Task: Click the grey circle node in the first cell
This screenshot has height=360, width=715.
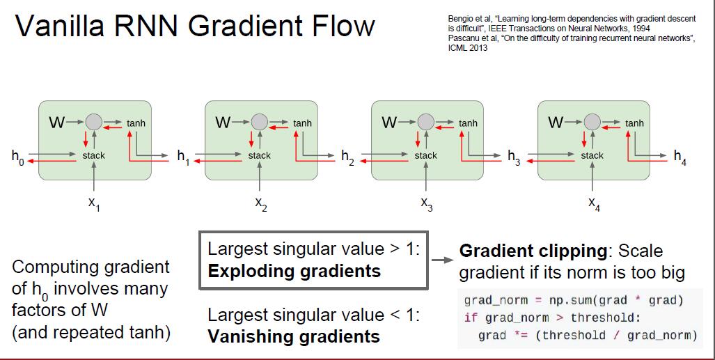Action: point(93,122)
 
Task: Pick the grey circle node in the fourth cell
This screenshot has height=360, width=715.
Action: point(592,122)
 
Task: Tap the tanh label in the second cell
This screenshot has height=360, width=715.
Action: point(302,123)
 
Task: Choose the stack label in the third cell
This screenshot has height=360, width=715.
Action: point(425,155)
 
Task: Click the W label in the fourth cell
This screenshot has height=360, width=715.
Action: point(556,123)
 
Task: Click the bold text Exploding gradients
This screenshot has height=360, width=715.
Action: point(294,271)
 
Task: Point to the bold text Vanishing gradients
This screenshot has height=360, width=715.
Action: point(294,337)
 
